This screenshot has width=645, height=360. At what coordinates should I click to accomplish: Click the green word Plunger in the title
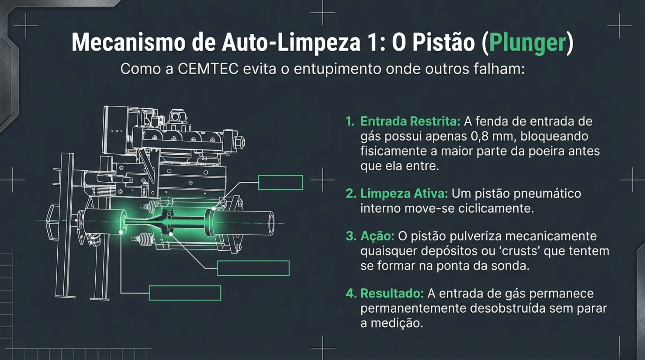[x=527, y=43]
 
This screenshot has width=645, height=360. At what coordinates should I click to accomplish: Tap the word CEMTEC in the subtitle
[x=208, y=69]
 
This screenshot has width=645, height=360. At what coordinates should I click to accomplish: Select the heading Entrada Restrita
[x=410, y=121]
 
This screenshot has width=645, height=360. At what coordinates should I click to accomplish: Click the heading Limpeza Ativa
[x=404, y=193]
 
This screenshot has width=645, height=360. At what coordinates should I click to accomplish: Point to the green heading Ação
[x=377, y=236]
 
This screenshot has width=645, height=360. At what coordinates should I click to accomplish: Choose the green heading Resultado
[x=392, y=293]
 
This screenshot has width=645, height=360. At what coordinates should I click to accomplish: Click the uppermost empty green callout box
[x=280, y=182]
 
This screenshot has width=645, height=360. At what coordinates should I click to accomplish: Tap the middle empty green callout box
[x=253, y=268]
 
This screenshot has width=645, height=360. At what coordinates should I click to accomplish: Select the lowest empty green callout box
[x=185, y=293]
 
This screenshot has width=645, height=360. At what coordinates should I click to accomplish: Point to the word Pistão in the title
[x=443, y=42]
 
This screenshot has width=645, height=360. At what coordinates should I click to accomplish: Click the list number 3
[x=351, y=236]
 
